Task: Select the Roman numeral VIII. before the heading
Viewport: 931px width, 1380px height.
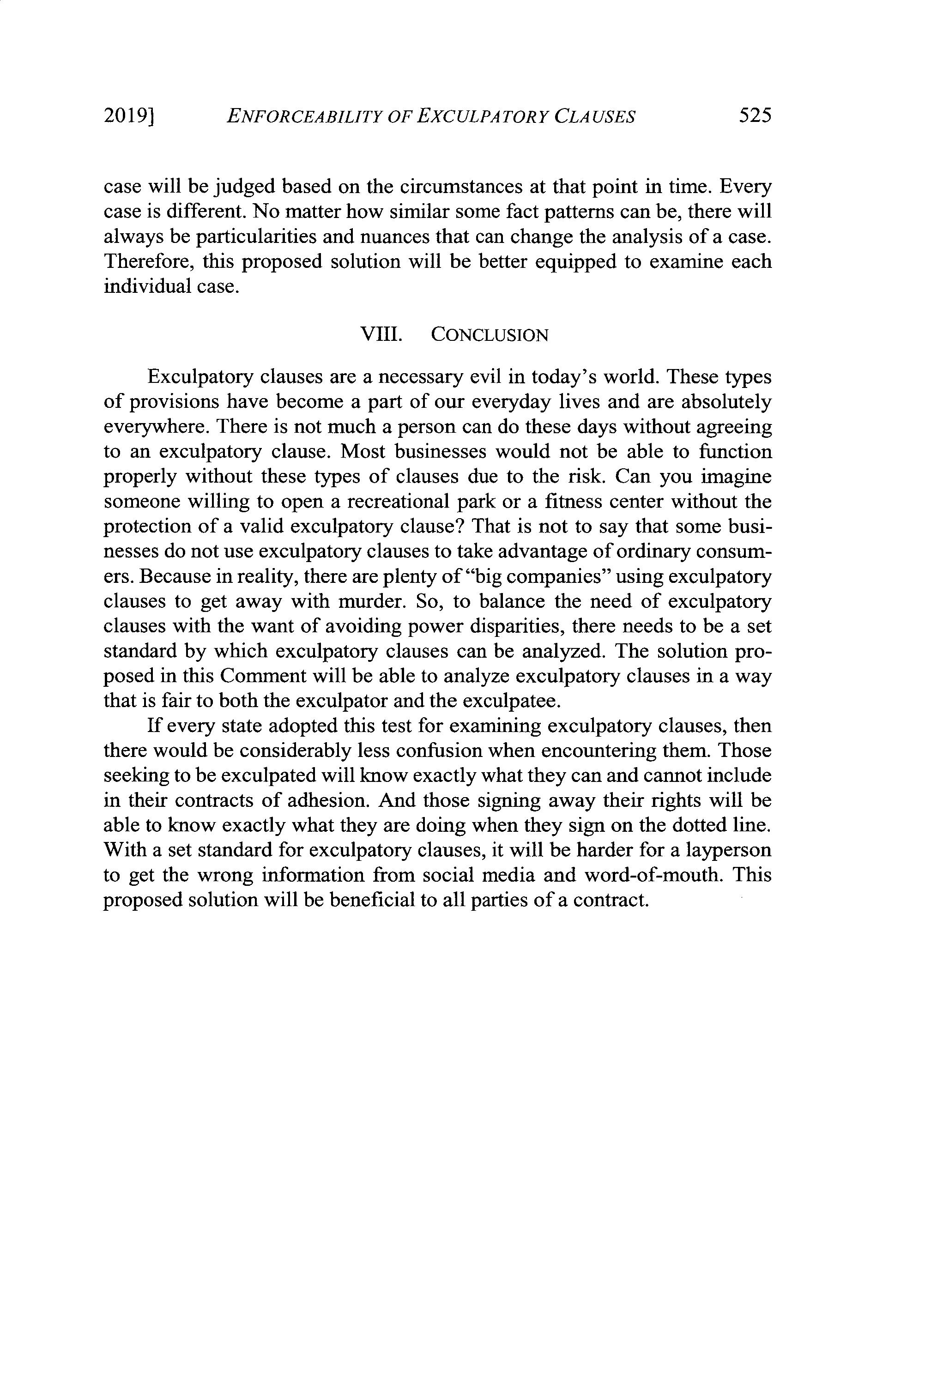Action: [x=382, y=335]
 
